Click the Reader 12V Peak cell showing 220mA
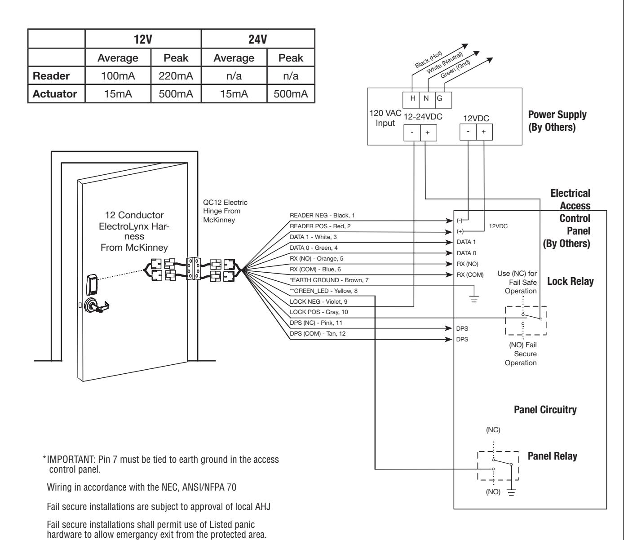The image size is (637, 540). click(176, 75)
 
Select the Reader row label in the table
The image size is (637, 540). click(51, 75)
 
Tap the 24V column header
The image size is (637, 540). click(258, 39)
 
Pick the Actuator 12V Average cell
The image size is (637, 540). click(118, 94)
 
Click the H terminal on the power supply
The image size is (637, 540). click(413, 98)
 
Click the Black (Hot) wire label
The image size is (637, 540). click(429, 59)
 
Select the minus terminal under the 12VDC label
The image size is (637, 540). click(468, 132)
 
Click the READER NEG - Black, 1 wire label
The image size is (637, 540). click(322, 215)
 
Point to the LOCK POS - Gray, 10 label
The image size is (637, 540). click(318, 312)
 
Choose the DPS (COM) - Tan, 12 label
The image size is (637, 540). click(318, 333)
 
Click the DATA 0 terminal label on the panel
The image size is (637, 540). click(466, 253)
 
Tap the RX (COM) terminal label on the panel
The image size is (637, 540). click(470, 274)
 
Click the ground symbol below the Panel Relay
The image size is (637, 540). click(511, 492)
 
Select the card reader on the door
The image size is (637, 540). click(92, 285)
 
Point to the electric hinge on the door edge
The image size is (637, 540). click(194, 269)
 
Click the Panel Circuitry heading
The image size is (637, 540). click(545, 410)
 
